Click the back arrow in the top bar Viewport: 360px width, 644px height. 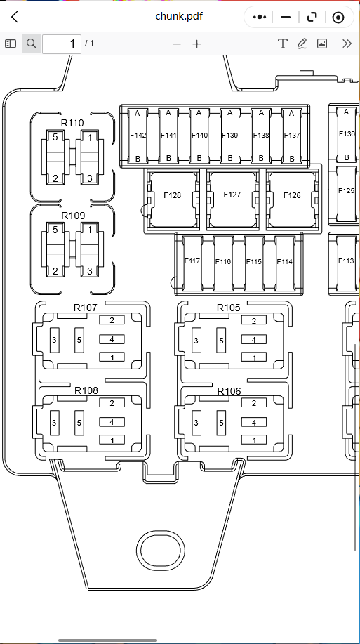[x=15, y=17]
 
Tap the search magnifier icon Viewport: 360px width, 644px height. [x=31, y=44]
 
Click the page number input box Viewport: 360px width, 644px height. [x=62, y=44]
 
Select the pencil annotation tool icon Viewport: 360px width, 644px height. [x=302, y=44]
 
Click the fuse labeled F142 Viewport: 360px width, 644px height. [x=138, y=136]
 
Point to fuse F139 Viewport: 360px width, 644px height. [x=230, y=136]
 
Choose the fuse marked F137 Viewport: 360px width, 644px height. [x=291, y=136]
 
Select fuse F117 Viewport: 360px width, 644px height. [x=192, y=263]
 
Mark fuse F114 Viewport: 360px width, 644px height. [x=284, y=263]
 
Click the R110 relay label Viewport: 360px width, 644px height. [x=72, y=123]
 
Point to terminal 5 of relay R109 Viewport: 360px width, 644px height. [x=55, y=230]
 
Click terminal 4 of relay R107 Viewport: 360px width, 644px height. [x=112, y=340]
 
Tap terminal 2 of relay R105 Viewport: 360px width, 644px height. [x=253, y=320]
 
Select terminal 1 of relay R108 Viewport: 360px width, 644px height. [x=112, y=440]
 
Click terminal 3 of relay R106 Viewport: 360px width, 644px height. [x=196, y=423]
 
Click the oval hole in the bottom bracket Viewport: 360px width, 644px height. [x=161, y=551]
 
